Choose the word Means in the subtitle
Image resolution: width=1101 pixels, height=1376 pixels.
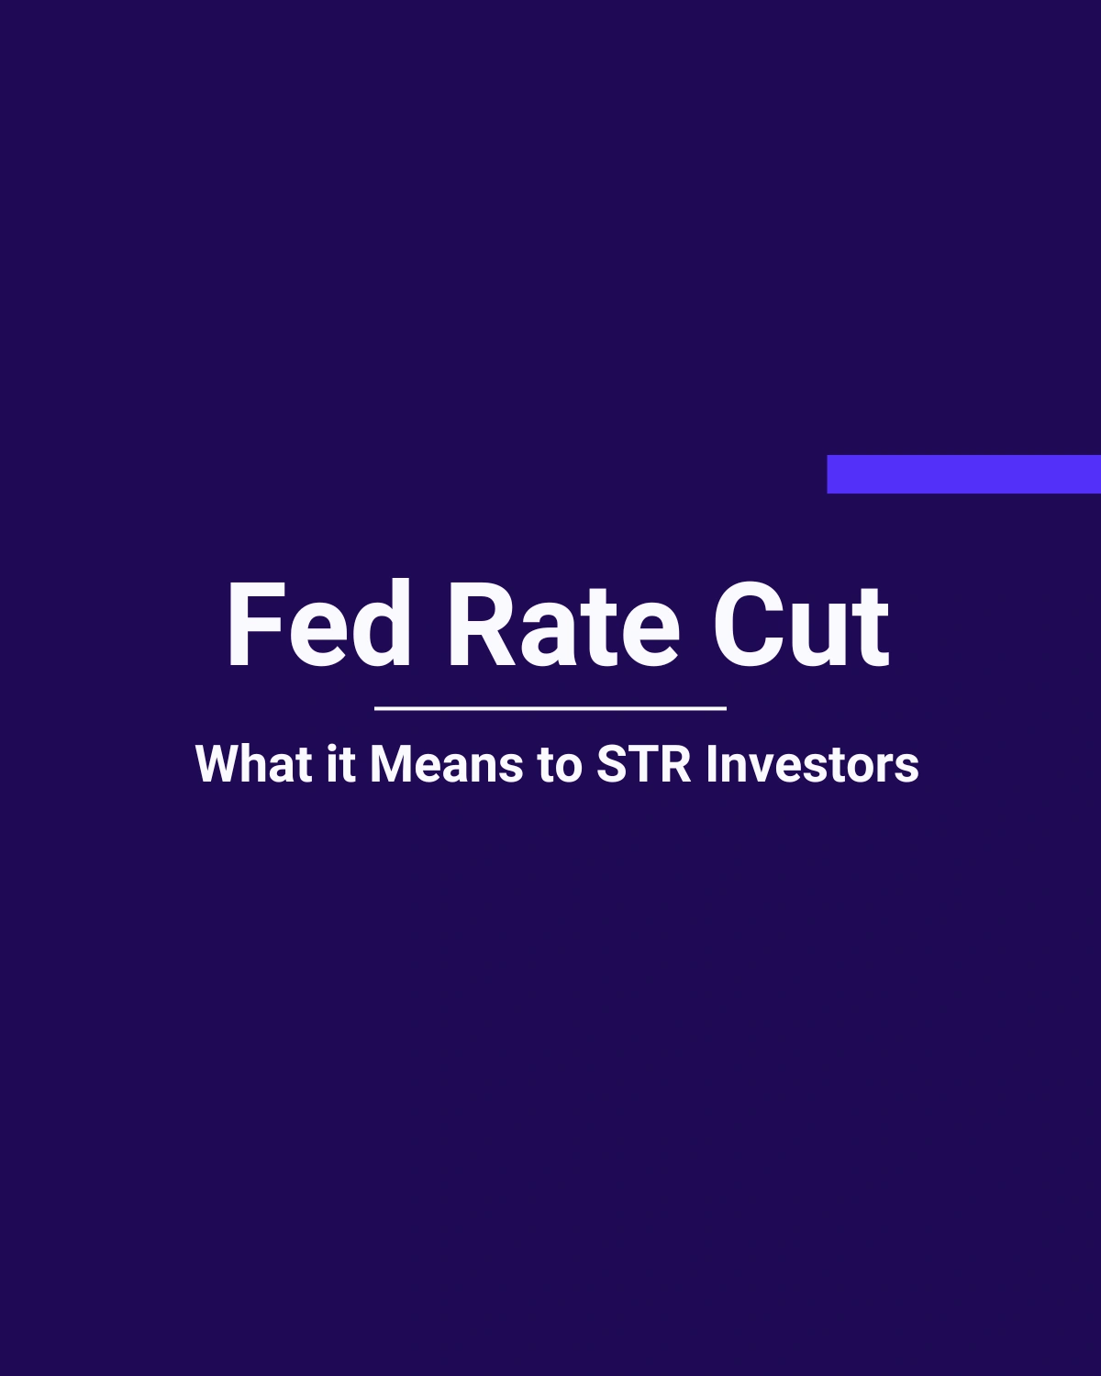[447, 764]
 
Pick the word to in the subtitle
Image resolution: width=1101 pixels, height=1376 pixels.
[560, 764]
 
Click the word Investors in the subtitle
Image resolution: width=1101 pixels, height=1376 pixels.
[813, 764]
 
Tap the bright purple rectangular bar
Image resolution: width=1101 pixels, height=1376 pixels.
[963, 474]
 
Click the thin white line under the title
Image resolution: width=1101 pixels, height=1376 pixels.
[550, 708]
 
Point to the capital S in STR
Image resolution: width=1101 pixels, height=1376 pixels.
[614, 764]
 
